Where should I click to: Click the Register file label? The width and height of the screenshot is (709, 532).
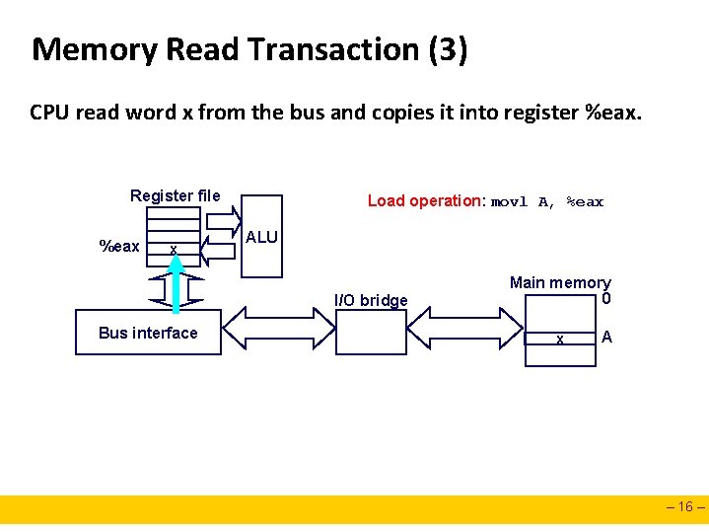[176, 195]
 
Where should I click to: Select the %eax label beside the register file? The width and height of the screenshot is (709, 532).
[119, 246]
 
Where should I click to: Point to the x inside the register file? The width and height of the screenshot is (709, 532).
[173, 250]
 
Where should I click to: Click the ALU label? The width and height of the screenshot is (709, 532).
[261, 238]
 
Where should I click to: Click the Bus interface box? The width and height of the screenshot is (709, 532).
[148, 333]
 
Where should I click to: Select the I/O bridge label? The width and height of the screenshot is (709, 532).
[371, 300]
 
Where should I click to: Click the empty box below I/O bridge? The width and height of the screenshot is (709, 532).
[372, 334]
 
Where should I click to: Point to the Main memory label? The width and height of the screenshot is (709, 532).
[560, 282]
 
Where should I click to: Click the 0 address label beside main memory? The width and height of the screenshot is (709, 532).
[605, 299]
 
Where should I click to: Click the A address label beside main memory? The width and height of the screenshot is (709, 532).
[606, 338]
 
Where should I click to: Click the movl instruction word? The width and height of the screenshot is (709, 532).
[509, 201]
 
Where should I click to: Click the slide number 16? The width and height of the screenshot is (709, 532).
[685, 508]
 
